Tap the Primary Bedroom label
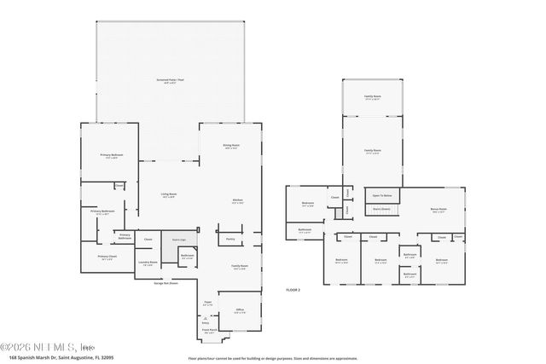[x=112, y=156]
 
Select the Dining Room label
[x=230, y=147]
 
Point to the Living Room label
[x=169, y=195]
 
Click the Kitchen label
[x=238, y=201]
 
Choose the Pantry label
[x=230, y=240]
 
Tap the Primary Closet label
[x=107, y=257]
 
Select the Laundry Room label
[x=153, y=264]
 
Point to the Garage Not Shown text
[x=167, y=283]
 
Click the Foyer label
[x=207, y=303]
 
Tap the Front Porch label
[x=208, y=332]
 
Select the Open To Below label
[x=381, y=195]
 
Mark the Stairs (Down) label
[x=381, y=209]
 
